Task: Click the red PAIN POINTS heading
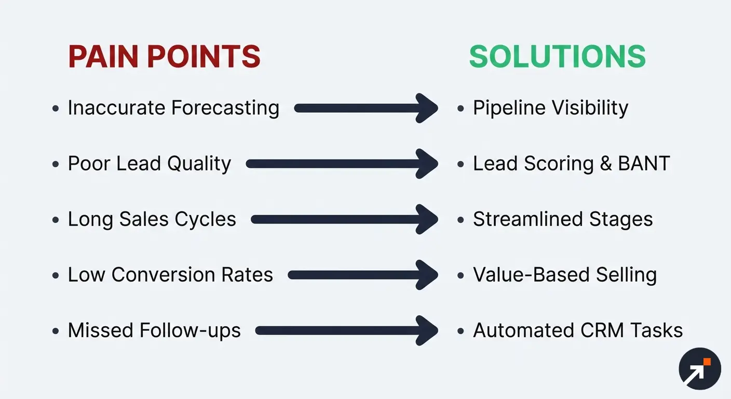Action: (x=164, y=57)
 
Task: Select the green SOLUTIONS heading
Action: (x=557, y=57)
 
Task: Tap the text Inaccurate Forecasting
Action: (x=173, y=108)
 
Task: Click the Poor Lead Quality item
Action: (x=149, y=164)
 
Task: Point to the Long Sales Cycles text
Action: (x=152, y=219)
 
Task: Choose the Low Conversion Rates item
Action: (x=170, y=275)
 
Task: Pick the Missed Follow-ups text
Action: (x=154, y=330)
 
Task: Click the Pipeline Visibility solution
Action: (x=550, y=108)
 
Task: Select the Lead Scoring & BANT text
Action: (x=571, y=164)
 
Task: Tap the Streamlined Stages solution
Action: (x=563, y=219)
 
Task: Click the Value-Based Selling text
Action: (x=565, y=275)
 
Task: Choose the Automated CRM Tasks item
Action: (x=578, y=330)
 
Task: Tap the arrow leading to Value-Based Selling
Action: (x=363, y=275)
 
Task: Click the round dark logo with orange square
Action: (x=700, y=369)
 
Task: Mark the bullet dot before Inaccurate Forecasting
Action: (x=56, y=109)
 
